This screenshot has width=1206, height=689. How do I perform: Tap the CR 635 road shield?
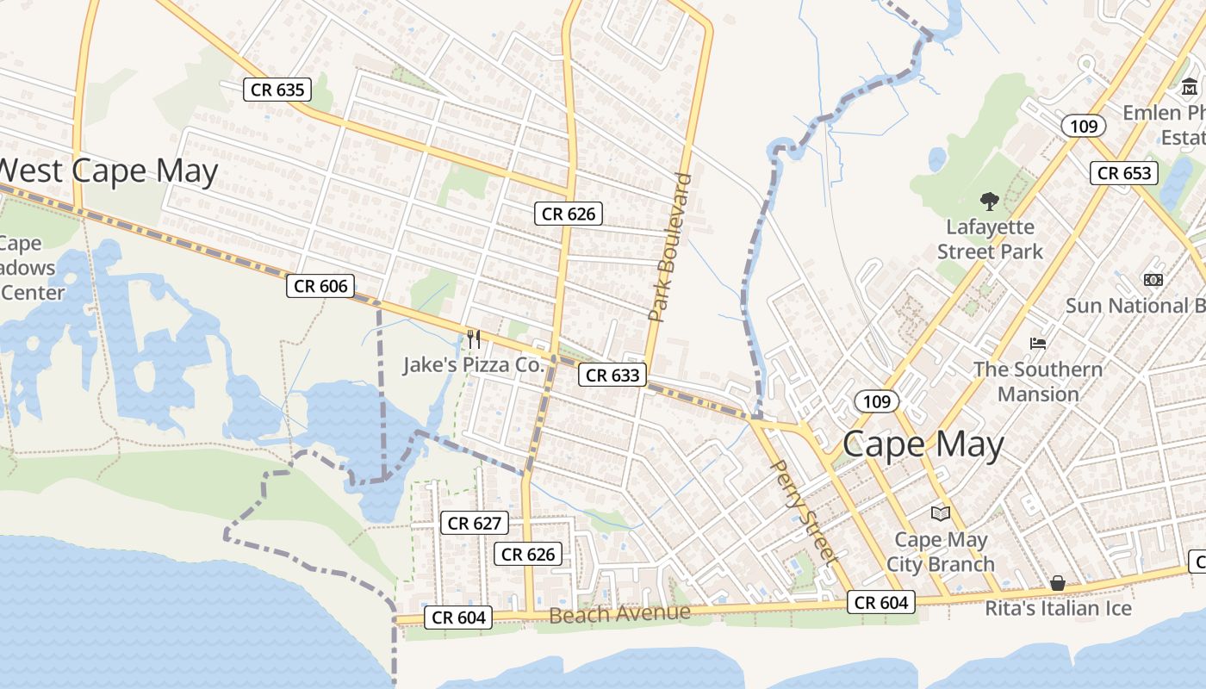pos(277,89)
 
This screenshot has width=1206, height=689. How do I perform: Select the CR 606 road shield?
pos(320,286)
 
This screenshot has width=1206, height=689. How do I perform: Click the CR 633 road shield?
pos(612,375)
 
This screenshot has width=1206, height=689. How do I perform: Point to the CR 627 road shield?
pos(475,523)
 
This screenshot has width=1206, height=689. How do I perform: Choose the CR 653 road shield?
pos(1124,172)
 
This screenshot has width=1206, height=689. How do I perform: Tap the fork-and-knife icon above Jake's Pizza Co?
pos(474,338)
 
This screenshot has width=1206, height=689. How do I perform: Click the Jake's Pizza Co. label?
pos(474,364)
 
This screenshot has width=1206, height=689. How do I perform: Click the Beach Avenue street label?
pos(619,613)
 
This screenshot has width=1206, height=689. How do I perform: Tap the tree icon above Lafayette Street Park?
pos(989,202)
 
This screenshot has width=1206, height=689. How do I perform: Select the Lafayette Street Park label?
pos(990,239)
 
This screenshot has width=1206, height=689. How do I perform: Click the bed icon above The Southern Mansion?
pos(1038,343)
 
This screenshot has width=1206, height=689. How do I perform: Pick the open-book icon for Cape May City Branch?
pos(940,513)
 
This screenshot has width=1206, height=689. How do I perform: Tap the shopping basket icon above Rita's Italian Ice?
pos(1058,583)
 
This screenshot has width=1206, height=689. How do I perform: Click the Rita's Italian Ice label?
pos(1059,608)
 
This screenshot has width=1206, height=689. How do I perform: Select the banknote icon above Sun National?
pos(1153,280)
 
